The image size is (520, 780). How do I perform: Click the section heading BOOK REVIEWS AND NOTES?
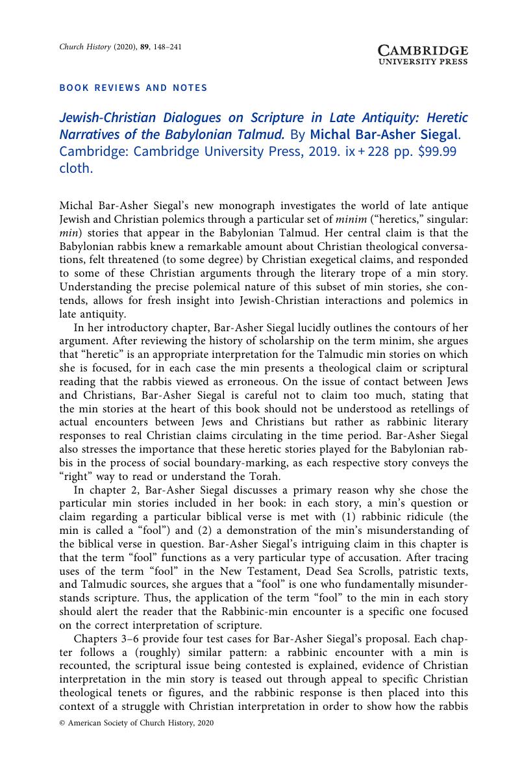(133, 88)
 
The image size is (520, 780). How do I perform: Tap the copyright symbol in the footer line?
(62, 723)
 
